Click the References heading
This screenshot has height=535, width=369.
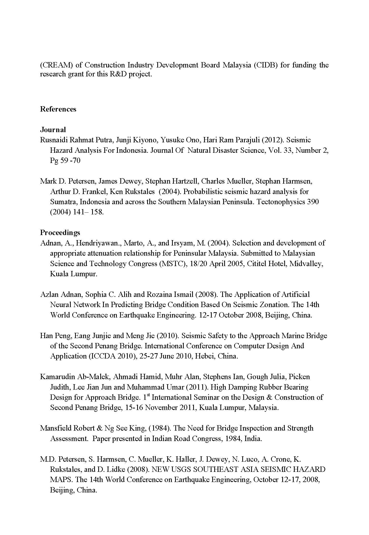click(x=58, y=109)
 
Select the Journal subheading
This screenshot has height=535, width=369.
click(x=53, y=130)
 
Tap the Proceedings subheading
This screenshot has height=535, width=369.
click(x=60, y=232)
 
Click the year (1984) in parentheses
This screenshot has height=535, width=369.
click(x=159, y=428)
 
